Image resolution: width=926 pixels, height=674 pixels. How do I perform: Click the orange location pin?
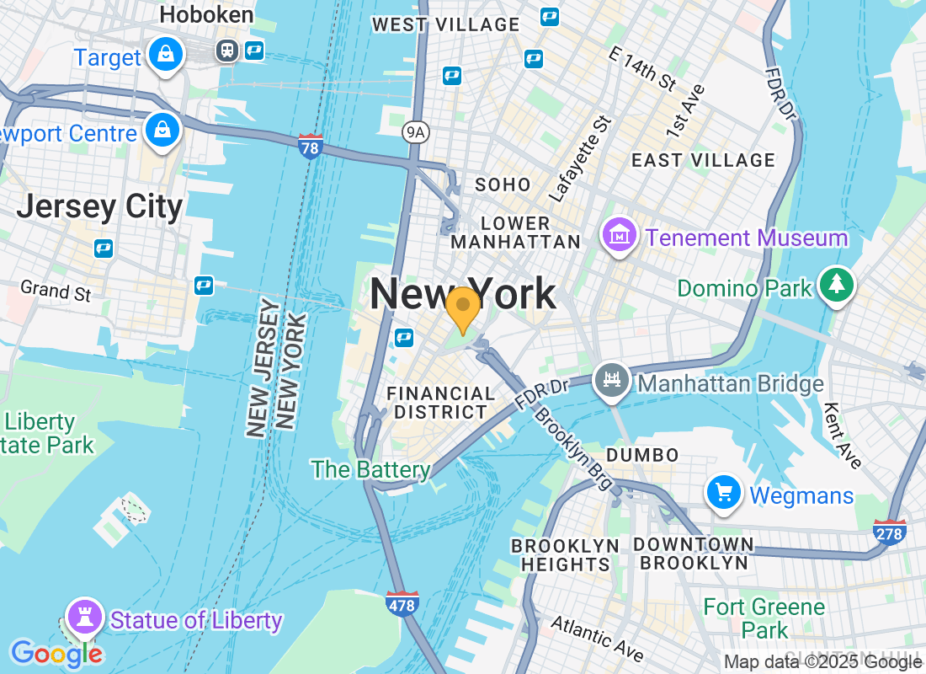(462, 308)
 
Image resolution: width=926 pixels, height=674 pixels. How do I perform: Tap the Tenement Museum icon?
(620, 236)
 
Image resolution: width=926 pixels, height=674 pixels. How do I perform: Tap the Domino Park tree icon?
(836, 286)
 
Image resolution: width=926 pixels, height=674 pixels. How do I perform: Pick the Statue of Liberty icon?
(84, 618)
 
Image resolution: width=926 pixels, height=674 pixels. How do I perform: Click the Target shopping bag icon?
(166, 56)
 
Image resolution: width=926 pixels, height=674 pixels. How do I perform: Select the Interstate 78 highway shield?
(310, 147)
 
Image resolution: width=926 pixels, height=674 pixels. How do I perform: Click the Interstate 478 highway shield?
(402, 602)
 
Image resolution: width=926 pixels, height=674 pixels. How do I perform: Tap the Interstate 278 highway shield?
(890, 532)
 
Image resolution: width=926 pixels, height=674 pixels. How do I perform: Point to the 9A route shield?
(415, 131)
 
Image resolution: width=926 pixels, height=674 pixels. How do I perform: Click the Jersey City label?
(99, 206)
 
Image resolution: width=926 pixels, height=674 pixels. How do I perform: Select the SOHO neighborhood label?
(503, 185)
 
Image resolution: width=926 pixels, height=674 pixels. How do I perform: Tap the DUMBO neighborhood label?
(642, 455)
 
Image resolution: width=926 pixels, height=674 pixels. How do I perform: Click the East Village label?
(703, 160)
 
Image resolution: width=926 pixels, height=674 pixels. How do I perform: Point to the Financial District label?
(440, 403)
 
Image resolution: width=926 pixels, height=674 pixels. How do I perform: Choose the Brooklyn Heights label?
(565, 554)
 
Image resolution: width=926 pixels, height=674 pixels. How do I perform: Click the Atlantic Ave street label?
(597, 638)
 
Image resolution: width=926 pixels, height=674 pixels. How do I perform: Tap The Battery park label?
(371, 469)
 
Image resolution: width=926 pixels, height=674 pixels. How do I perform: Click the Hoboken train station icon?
(226, 51)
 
